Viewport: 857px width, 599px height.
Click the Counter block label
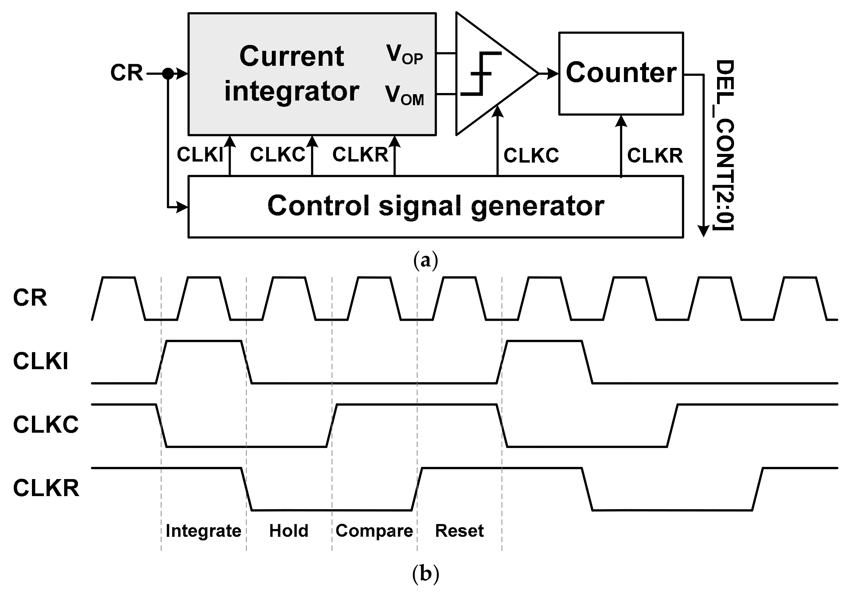click(x=621, y=72)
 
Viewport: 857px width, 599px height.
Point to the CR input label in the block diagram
click(x=127, y=73)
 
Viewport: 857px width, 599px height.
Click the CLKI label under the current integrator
click(x=200, y=155)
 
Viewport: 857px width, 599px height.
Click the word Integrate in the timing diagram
click(x=204, y=531)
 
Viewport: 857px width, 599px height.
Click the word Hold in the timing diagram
click(x=289, y=531)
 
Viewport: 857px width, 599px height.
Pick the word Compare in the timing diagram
click(x=374, y=531)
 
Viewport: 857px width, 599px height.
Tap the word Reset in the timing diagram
click(x=459, y=531)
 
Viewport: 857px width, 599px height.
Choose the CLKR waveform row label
click(x=46, y=488)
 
